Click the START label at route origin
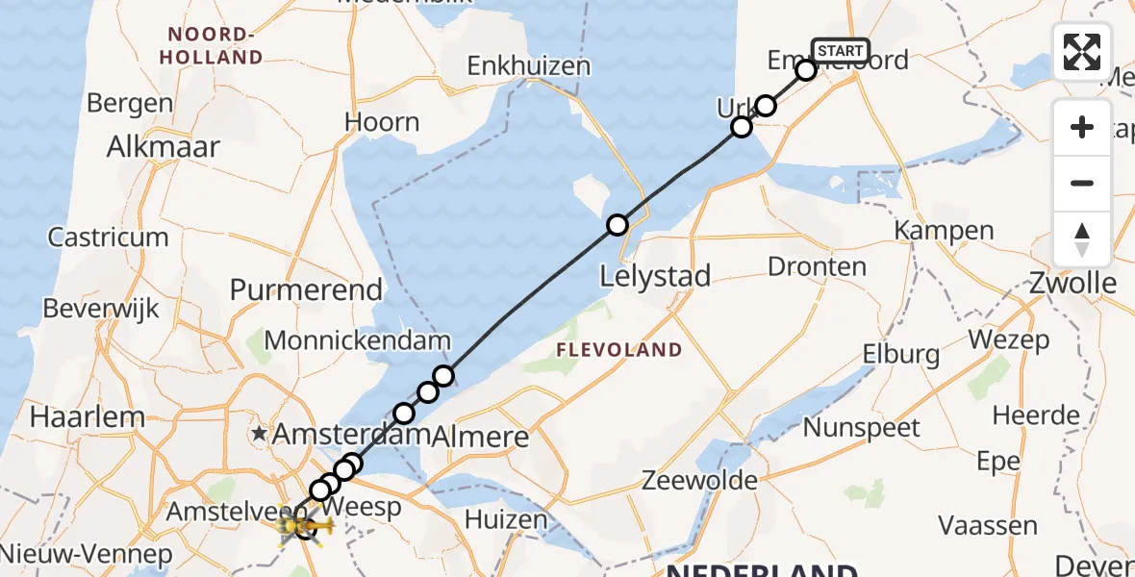point(841,50)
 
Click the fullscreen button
point(1082,52)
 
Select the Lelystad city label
point(655,277)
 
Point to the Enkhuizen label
point(528,66)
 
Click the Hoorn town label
point(382,122)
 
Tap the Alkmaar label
point(164,147)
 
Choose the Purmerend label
point(306,289)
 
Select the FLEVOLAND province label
point(619,350)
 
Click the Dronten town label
point(817,266)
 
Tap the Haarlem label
point(88,417)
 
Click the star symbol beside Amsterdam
point(259,434)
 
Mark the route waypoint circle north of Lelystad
point(618,225)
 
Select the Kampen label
point(944,231)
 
